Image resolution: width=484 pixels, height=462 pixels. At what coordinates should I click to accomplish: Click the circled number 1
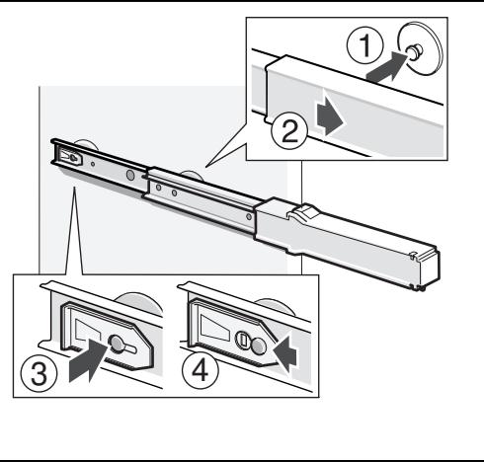click(364, 45)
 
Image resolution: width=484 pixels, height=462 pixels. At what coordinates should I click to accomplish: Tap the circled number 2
click(289, 131)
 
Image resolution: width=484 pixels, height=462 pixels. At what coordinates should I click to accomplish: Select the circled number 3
click(39, 374)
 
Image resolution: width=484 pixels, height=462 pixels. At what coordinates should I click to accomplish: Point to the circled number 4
click(200, 370)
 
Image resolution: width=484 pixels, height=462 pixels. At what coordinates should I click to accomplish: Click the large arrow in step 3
click(87, 360)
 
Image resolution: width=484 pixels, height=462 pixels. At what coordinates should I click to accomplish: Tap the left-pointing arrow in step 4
click(284, 354)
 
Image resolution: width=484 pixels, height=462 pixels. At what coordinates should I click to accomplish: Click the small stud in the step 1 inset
click(415, 51)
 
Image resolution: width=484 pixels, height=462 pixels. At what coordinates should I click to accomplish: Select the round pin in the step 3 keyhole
click(116, 343)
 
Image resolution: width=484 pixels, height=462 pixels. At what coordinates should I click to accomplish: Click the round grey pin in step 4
click(259, 346)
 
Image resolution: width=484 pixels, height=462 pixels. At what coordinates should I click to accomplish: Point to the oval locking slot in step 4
click(242, 340)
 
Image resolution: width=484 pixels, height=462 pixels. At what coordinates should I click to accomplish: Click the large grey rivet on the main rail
click(130, 175)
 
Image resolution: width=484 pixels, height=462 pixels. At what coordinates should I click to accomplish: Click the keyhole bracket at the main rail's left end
click(70, 156)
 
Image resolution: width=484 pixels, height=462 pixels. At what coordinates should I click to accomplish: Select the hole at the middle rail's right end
click(249, 217)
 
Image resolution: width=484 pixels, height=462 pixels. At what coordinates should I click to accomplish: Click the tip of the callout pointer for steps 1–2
click(205, 167)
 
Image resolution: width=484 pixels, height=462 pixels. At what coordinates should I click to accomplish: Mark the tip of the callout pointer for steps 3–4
click(74, 188)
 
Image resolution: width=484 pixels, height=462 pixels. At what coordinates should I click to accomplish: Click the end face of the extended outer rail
click(429, 269)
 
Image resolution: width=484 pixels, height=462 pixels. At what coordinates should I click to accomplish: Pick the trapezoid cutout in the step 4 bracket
click(215, 327)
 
